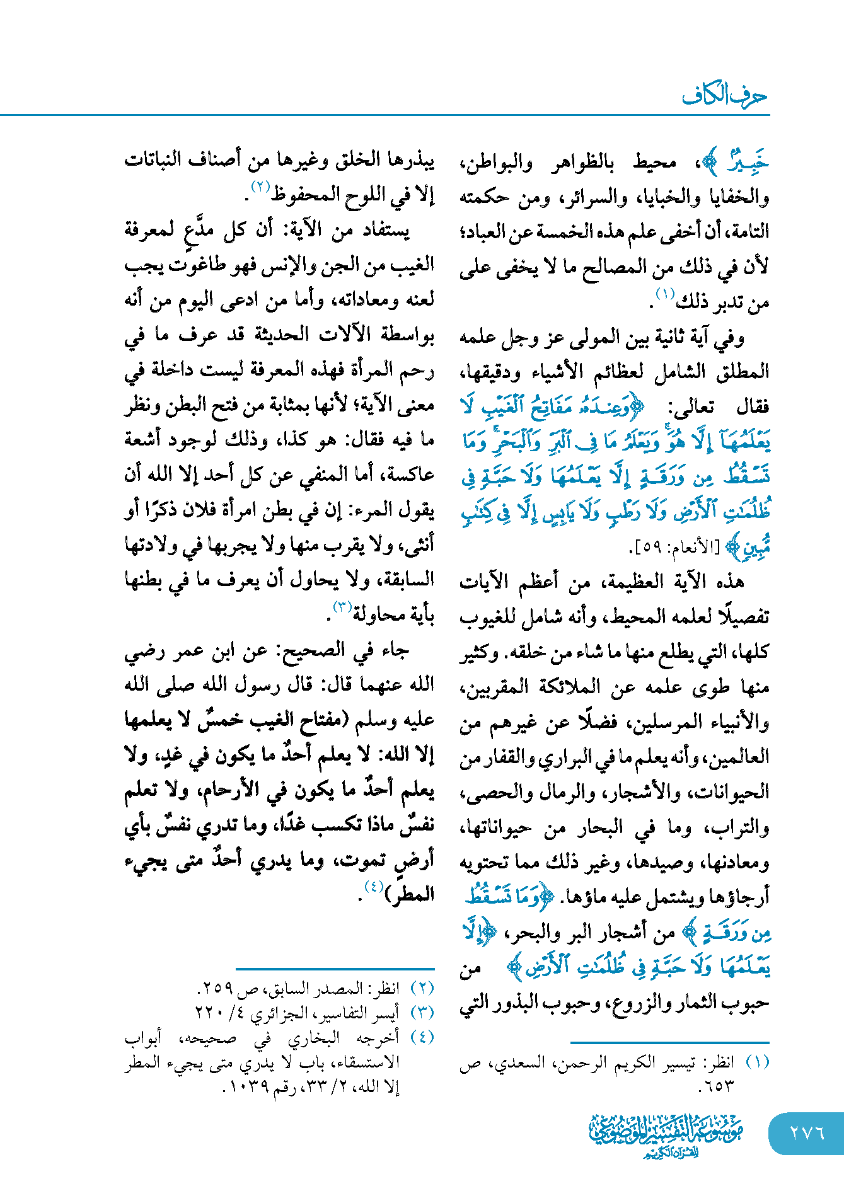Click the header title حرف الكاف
724,96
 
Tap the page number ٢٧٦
807,1132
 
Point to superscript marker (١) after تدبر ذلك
665,294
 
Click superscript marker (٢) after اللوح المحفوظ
260,187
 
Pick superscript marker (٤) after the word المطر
374,887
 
